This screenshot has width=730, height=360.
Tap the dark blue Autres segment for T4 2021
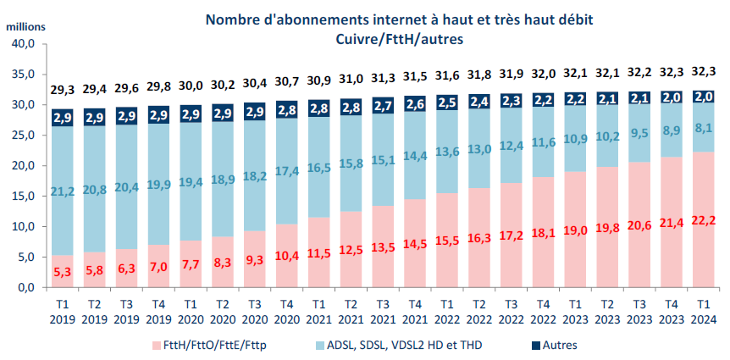pyautogui.click(x=415, y=103)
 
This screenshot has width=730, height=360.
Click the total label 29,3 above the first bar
pyautogui.click(x=62, y=88)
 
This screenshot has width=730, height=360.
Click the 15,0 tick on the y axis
pyautogui.click(x=24, y=196)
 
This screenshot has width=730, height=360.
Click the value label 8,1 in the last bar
pyautogui.click(x=703, y=129)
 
